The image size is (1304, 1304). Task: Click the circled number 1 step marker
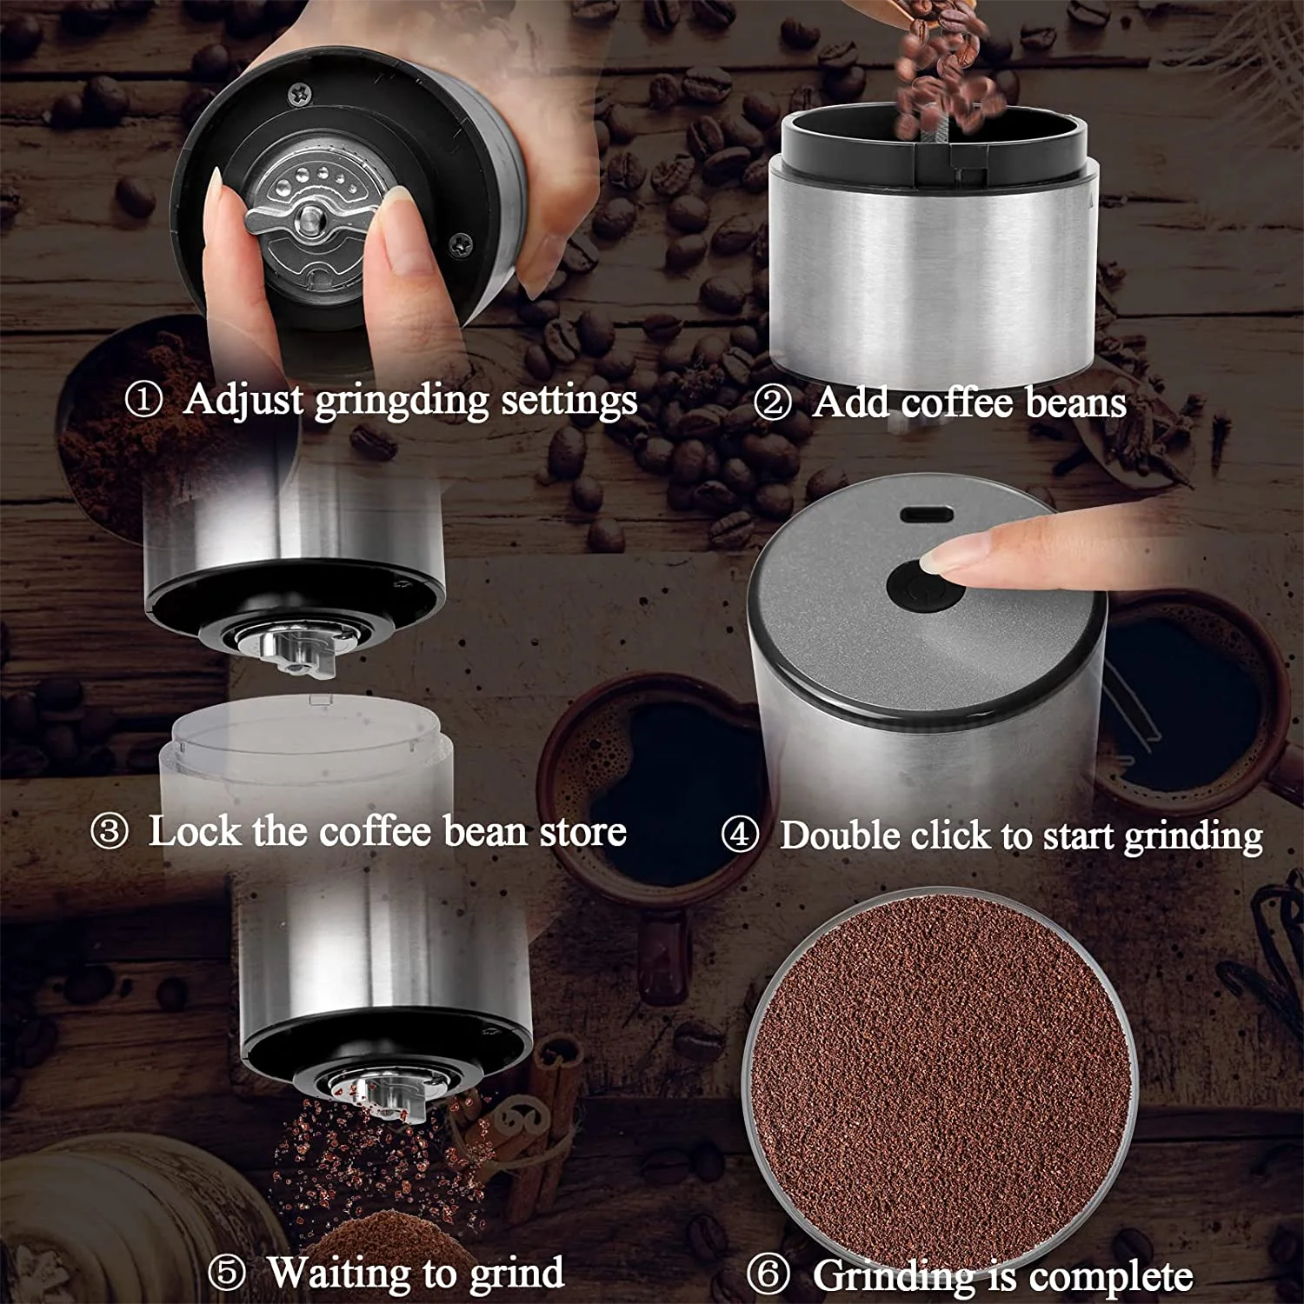(x=143, y=401)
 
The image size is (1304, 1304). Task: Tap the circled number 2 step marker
(x=772, y=403)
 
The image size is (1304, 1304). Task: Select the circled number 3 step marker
(x=110, y=832)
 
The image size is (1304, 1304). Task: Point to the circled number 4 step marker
(x=740, y=835)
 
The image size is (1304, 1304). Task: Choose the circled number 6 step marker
(x=768, y=1276)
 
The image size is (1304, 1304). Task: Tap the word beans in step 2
(x=1075, y=403)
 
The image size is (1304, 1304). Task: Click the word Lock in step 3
(x=193, y=831)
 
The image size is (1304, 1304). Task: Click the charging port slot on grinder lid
(x=928, y=514)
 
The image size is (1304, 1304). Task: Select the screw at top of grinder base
(x=299, y=90)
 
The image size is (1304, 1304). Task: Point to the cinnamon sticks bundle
(x=539, y=1121)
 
